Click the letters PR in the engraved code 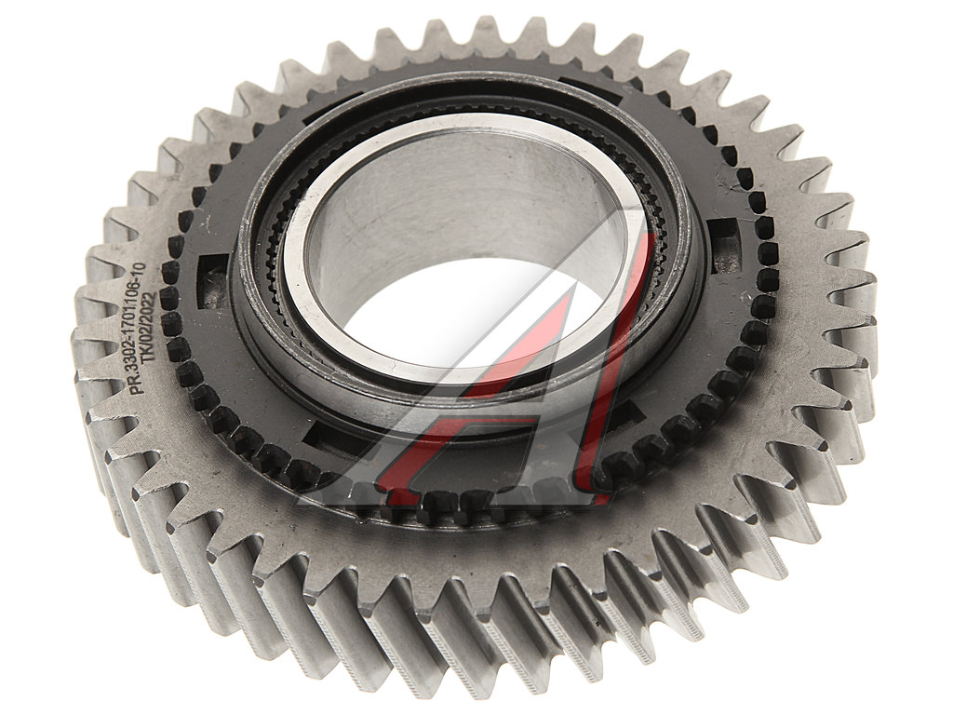(140, 386)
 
